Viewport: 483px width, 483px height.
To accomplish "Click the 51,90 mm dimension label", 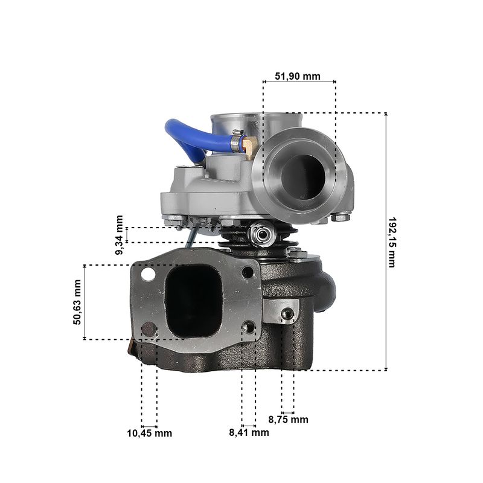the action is coord(298,76).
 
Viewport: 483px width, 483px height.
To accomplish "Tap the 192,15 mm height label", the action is coord(392,243).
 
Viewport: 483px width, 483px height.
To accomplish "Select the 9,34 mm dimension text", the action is coord(119,235).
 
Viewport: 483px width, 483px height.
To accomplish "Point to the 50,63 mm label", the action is coord(77,302).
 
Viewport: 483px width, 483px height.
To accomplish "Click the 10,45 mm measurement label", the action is coord(149,433).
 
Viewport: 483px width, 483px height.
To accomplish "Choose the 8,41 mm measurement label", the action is coord(249,432).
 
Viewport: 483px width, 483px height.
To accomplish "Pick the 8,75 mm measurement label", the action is coord(289,420).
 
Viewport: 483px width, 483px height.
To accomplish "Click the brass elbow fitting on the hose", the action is coord(249,145).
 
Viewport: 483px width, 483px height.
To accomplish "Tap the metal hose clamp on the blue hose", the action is coord(237,140).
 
